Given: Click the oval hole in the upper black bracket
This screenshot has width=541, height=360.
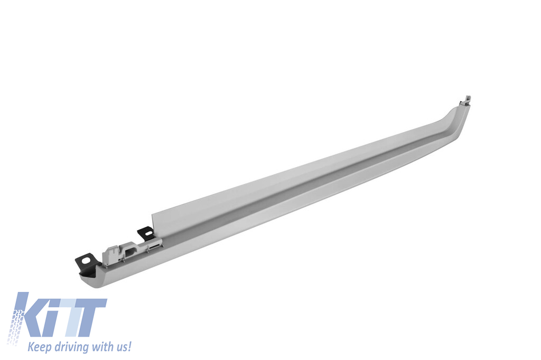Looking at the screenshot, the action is click(x=148, y=233).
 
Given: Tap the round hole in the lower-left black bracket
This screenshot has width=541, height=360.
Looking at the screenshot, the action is click(x=91, y=259).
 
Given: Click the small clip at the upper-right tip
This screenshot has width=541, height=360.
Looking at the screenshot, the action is click(x=466, y=101).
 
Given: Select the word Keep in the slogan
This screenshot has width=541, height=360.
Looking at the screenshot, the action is click(x=39, y=346).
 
